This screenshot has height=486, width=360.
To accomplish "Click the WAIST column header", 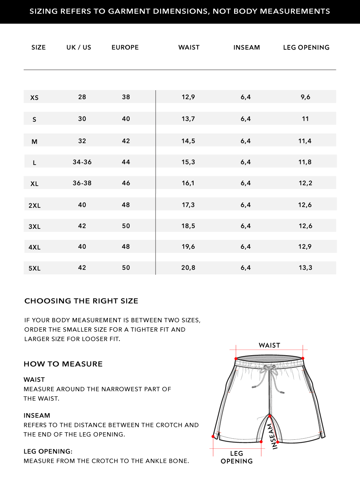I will [189, 47].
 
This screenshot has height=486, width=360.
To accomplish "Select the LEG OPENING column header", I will [306, 47].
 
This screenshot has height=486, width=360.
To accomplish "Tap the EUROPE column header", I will [125, 47].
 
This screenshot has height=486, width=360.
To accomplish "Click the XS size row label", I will [34, 98].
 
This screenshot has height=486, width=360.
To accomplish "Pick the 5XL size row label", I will [34, 268].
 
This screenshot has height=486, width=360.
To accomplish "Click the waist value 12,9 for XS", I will [188, 97].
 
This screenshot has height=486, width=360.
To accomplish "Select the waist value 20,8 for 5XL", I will [188, 268].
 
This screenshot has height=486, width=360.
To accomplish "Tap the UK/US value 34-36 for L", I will [82, 162].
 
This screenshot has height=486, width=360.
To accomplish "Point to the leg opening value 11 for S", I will [305, 119].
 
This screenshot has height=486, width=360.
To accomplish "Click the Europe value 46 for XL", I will [126, 183].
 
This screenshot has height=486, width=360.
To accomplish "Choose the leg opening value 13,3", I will [305, 268].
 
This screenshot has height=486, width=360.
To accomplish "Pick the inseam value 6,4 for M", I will [245, 141].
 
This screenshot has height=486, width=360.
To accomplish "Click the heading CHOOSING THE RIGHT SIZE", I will [81, 301].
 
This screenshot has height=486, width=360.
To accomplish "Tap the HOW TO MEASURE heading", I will [63, 364].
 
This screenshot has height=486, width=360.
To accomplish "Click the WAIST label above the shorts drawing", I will [269, 345].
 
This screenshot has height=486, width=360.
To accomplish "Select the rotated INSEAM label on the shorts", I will [272, 436].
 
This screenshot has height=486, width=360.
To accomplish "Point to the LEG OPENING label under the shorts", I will [236, 457].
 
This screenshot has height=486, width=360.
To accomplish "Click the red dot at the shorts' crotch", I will [269, 416].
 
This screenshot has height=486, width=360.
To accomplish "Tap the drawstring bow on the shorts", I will [269, 367].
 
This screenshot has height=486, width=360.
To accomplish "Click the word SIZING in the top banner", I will [44, 11].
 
